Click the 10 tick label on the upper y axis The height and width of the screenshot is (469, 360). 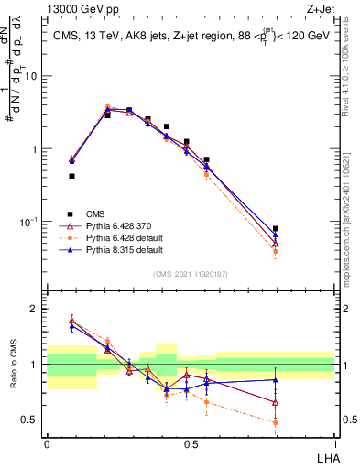pyautogui.click(x=31, y=76)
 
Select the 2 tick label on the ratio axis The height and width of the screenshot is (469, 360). pyautogui.click(x=35, y=309)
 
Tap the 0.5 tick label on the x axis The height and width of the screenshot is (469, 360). pyautogui.click(x=191, y=442)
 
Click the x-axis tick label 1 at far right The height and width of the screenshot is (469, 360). pyautogui.click(x=334, y=442)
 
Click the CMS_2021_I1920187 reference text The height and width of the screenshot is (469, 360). pyautogui.click(x=190, y=273)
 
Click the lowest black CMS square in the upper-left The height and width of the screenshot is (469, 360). pyautogui.click(x=71, y=176)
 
